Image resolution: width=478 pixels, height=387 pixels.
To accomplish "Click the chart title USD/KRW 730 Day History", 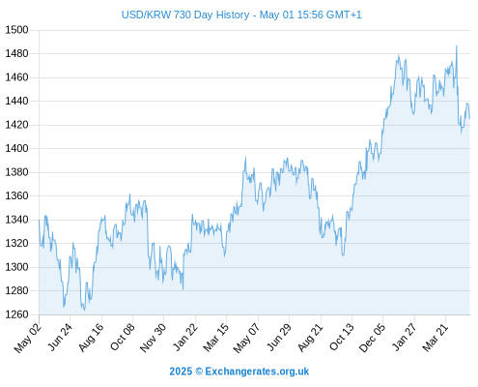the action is (185, 15).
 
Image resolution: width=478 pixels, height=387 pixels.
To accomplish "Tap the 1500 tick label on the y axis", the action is (16, 30).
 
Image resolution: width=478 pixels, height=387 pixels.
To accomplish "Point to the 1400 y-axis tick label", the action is (16, 148).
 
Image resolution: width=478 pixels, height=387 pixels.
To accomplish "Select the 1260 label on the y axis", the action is (16, 314).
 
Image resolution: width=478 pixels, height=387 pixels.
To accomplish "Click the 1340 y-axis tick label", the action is (16, 220).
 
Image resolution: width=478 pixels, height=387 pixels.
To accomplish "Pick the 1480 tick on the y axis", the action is (16, 53).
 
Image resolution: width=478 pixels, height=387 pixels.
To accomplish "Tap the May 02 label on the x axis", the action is (28, 338).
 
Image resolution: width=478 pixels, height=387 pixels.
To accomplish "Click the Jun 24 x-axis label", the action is (60, 337).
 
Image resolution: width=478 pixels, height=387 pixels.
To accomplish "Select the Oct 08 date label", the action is (123, 337).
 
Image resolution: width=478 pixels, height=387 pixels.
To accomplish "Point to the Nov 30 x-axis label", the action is (154, 338).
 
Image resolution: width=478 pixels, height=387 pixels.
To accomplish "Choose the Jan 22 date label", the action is (185, 337).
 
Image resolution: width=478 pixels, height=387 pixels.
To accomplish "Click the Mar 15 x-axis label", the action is (216, 337).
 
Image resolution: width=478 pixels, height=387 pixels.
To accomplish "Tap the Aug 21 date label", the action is (310, 337).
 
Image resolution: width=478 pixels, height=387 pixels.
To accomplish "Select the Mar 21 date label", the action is (436, 337).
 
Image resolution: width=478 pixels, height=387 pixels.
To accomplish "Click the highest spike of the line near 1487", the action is (457, 46).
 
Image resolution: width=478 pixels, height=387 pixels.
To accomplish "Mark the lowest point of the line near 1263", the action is (84, 310).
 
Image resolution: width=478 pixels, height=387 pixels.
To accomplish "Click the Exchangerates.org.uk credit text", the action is (257, 372).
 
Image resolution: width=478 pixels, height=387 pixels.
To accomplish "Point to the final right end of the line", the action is (469, 118).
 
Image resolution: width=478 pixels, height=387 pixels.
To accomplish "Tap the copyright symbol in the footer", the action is (199, 372).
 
